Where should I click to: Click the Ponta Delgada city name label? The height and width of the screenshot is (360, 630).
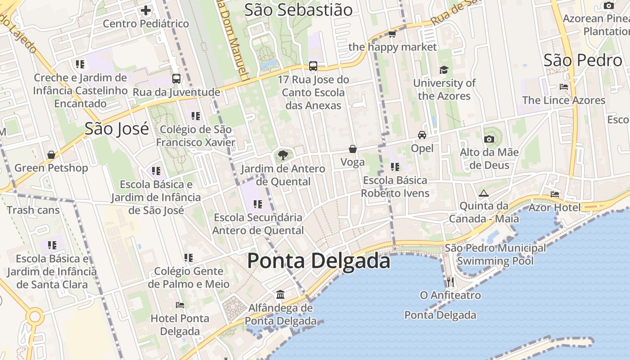click(x=319, y=261)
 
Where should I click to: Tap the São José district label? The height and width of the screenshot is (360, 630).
click(x=117, y=129)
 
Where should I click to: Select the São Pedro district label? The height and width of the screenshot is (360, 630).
click(x=582, y=60)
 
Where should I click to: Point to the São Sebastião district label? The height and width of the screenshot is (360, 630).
click(x=298, y=9)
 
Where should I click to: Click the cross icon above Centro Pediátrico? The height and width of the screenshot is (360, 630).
click(x=146, y=10)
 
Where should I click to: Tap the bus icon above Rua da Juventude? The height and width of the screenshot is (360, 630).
click(x=176, y=79)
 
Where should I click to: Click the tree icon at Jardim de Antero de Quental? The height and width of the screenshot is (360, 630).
click(x=283, y=156)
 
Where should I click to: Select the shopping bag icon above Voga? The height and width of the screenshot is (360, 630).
click(x=353, y=149)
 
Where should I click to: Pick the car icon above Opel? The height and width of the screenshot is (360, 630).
click(x=422, y=135)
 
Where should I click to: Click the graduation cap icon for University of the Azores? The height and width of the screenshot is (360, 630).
click(x=444, y=70)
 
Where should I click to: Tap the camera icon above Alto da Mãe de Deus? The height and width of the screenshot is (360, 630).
click(x=489, y=139)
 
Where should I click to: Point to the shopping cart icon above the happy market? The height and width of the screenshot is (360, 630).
click(x=392, y=34)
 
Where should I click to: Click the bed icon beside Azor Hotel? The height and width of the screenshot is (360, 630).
click(x=555, y=194)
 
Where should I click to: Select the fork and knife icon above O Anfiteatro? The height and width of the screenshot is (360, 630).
click(x=450, y=282)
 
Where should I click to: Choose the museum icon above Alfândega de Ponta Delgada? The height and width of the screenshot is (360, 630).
click(x=280, y=295)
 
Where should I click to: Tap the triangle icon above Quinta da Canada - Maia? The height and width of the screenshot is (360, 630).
click(x=484, y=193)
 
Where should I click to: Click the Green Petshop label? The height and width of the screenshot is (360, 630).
click(x=51, y=168)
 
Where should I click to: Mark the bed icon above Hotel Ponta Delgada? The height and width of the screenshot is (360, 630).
click(x=180, y=305)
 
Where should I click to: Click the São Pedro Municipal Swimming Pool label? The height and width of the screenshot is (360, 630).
click(x=495, y=254)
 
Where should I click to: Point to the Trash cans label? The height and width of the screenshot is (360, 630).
click(x=33, y=210)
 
